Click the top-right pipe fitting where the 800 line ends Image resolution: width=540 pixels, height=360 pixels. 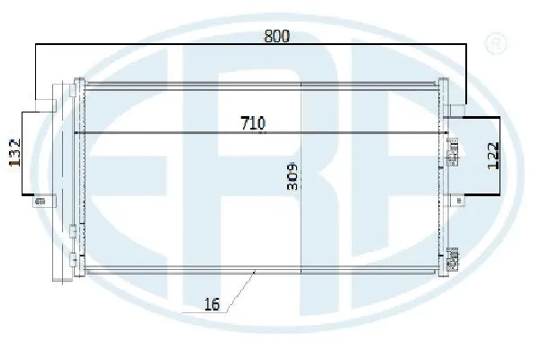point(454,112)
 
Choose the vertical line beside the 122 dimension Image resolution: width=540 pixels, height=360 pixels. point(501,155)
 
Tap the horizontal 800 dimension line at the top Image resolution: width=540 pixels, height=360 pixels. point(180,45)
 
